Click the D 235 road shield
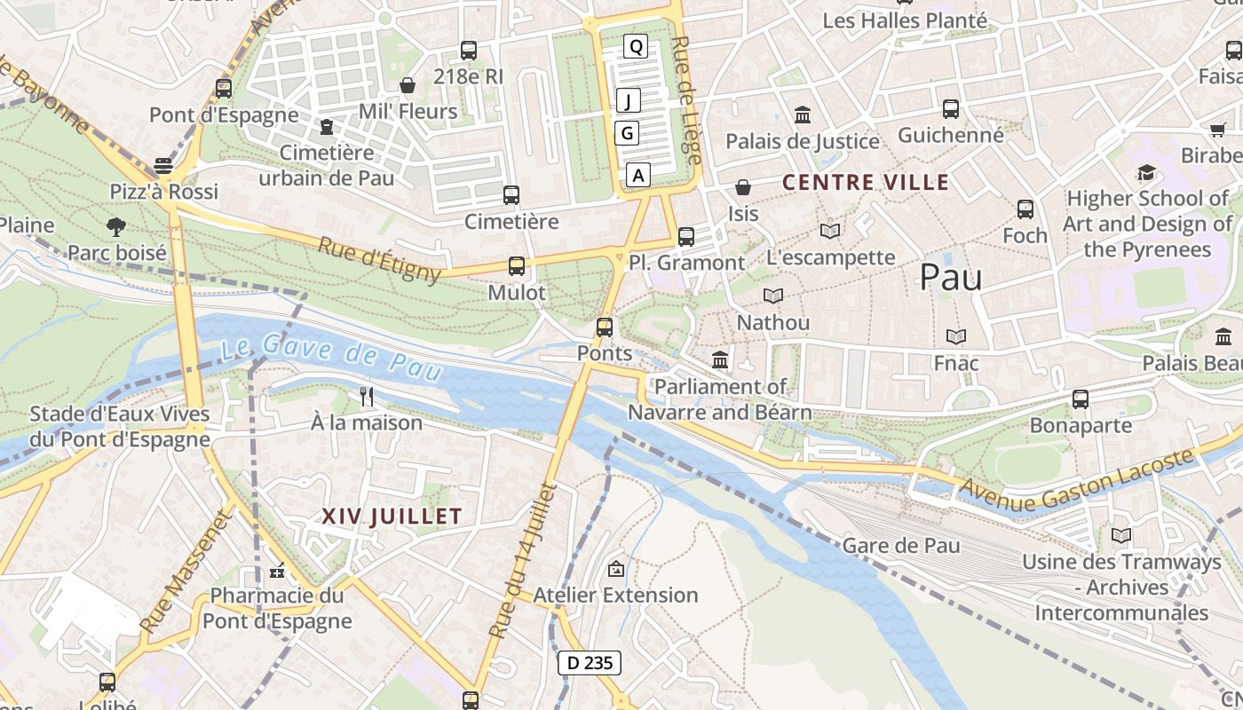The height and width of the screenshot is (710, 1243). (590, 662)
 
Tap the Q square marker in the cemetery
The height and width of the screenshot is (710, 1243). (636, 46)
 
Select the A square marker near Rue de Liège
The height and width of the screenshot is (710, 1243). (637, 175)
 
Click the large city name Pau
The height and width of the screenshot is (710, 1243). (951, 278)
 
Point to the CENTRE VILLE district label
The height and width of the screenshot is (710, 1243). (866, 183)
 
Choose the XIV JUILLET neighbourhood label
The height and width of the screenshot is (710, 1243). (392, 516)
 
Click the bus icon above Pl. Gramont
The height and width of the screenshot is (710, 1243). (685, 237)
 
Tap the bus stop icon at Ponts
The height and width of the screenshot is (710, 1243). (605, 327)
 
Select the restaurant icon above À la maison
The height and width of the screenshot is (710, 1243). (367, 396)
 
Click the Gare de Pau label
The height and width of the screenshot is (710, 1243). (901, 545)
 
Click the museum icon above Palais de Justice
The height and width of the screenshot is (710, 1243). (803, 115)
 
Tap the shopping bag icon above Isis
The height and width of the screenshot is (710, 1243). (743, 187)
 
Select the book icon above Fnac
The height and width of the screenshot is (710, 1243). (955, 337)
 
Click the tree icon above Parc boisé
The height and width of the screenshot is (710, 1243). (116, 227)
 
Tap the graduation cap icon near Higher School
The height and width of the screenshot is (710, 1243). (1147, 172)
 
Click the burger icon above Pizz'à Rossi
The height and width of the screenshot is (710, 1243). (163, 166)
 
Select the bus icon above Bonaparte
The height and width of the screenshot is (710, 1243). (1080, 399)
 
